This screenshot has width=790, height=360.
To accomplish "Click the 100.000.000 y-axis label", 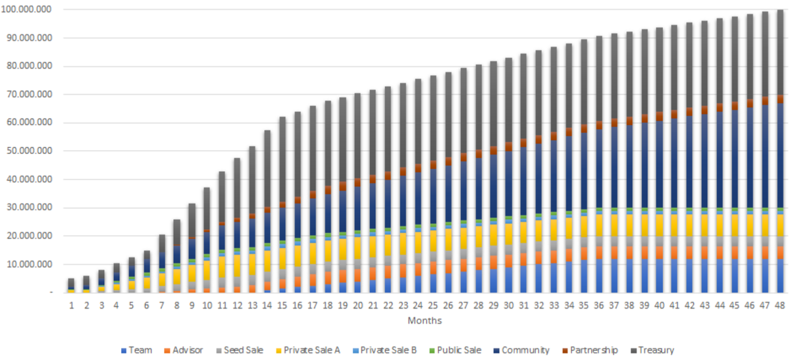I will [x=30, y=10].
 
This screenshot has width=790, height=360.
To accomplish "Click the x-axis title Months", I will [x=424, y=321].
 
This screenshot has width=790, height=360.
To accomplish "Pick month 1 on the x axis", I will [x=71, y=305].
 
